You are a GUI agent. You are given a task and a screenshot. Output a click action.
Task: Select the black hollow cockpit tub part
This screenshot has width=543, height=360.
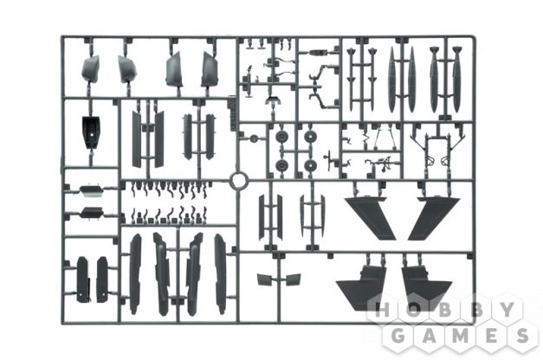click(91, 132)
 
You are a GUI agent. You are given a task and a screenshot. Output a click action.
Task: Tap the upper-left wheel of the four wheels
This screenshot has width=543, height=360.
click(281, 137)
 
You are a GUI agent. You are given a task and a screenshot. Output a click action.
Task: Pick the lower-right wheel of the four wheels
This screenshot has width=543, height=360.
click(310, 165)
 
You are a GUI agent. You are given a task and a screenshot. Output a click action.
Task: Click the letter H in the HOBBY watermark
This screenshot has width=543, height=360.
click(383, 309)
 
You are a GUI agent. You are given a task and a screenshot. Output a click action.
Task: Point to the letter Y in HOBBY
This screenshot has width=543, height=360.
click(507, 309)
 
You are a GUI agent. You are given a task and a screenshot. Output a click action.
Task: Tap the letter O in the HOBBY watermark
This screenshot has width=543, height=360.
click(414, 309)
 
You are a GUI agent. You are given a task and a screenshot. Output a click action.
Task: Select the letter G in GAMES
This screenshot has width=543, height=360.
click(398, 335)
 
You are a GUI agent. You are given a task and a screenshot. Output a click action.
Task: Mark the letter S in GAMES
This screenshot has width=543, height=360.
click(522, 335)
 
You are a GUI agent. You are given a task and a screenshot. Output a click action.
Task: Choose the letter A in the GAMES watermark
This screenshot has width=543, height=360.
click(429, 335)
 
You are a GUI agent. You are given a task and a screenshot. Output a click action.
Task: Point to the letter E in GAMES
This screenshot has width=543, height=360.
click(492, 335)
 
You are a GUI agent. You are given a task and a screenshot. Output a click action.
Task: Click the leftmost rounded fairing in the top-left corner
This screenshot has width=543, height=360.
click(90, 69)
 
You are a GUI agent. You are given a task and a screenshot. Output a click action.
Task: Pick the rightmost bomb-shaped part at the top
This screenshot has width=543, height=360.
click(456, 80)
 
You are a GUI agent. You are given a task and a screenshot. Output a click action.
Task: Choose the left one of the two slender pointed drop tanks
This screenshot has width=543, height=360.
click(391, 80)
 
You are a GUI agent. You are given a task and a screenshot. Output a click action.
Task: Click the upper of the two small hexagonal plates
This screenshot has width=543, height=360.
click(91, 190)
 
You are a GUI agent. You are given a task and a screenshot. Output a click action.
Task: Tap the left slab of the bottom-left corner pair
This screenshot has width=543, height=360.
click(82, 280)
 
